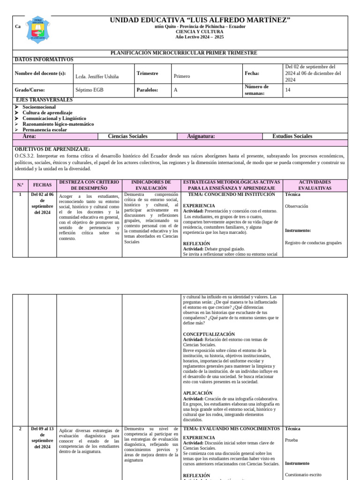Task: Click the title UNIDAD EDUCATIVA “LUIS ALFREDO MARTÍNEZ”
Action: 200,20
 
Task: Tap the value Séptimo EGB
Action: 88,90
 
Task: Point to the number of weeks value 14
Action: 288,90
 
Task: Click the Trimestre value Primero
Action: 182,76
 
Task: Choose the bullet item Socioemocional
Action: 39,107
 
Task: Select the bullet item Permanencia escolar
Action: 45,129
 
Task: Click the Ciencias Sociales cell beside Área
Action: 127,136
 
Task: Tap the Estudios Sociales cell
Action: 292,136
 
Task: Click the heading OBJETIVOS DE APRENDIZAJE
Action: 52,149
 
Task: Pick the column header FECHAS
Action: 42,185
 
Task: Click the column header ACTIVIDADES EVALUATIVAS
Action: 315,185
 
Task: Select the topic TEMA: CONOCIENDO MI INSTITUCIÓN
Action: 232,194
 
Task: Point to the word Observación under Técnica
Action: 296,206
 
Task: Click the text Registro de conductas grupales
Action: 313,243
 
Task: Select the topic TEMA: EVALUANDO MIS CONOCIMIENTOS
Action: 232,428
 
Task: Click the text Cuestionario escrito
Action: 303,474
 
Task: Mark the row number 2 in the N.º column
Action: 20,428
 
